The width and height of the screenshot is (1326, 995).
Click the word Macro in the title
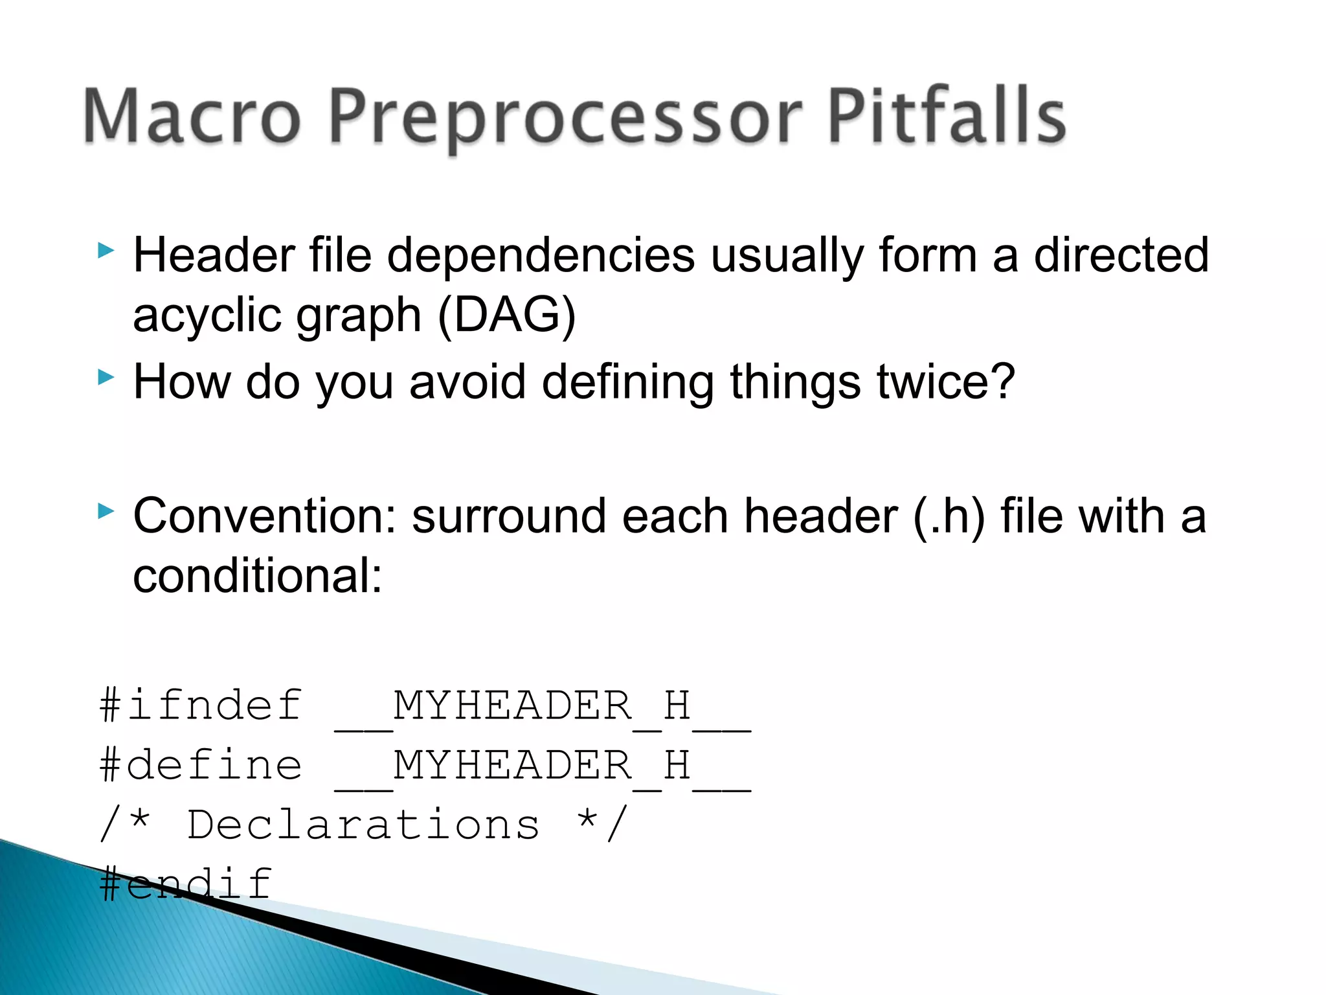(x=192, y=117)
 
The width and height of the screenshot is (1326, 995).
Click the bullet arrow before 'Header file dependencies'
(x=106, y=251)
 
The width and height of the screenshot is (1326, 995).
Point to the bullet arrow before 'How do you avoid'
(x=106, y=377)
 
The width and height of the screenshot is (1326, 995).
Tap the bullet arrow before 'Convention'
(x=106, y=512)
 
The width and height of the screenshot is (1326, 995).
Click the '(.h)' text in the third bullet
(x=949, y=516)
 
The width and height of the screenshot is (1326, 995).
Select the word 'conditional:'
(x=258, y=576)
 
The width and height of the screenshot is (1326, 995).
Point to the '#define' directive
(x=201, y=765)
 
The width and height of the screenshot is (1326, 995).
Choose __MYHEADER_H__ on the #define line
(x=543, y=766)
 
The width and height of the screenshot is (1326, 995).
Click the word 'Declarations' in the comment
(x=363, y=825)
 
